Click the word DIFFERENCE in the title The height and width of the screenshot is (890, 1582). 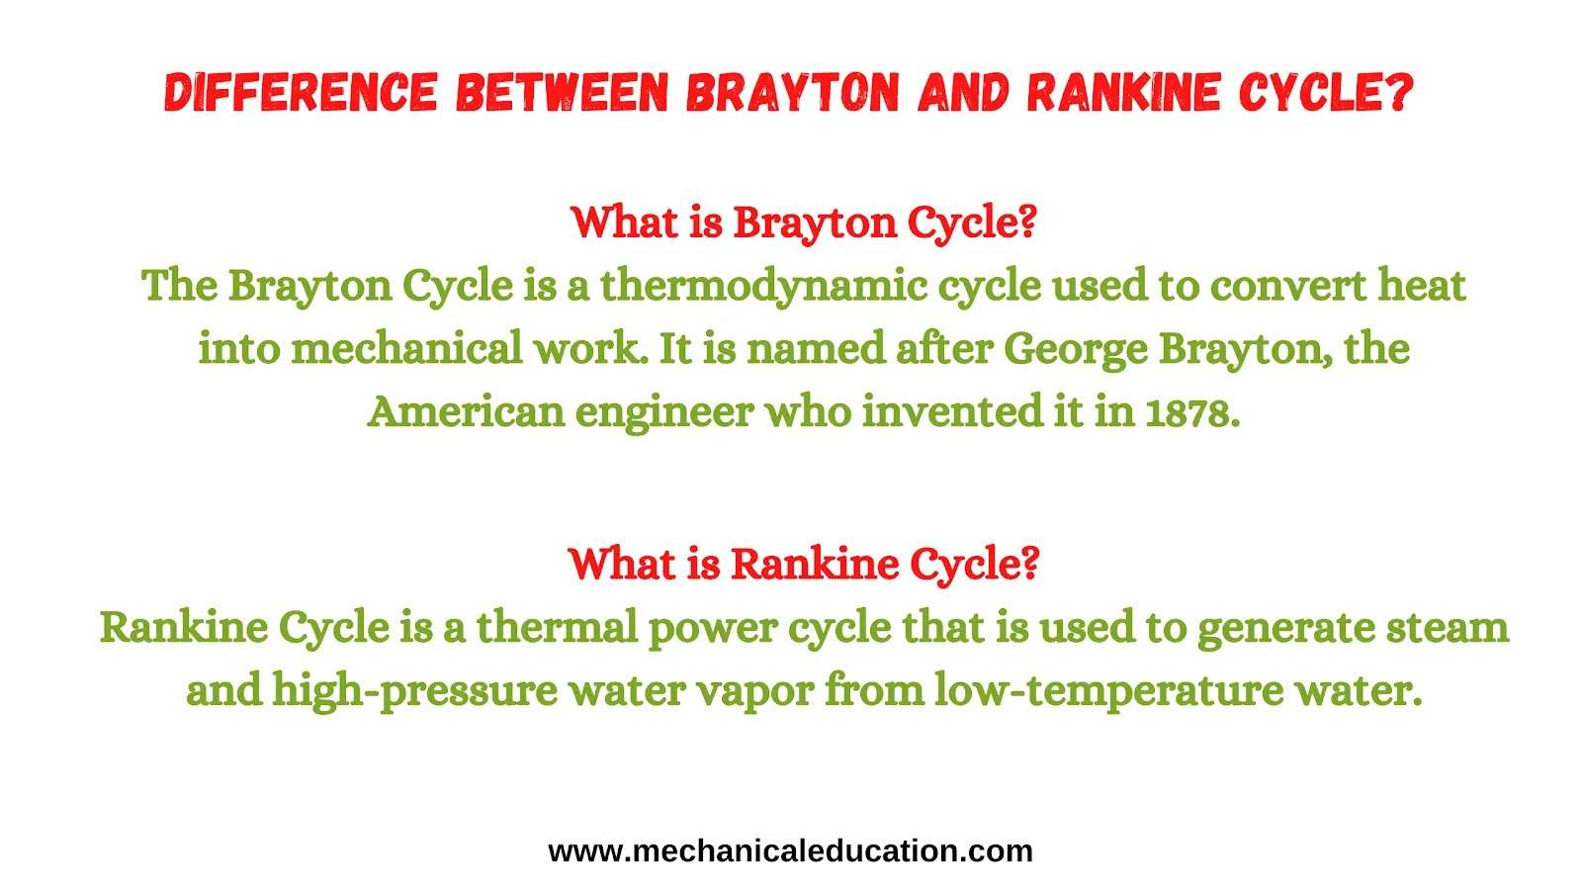point(302,93)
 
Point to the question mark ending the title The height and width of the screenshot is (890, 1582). point(1398,93)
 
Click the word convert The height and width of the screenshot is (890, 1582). point(1289,286)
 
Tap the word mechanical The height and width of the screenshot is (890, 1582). point(406,348)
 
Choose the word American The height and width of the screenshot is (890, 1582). point(466,411)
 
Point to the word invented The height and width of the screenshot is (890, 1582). point(953,411)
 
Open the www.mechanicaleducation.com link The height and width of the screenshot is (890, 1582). point(790,851)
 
